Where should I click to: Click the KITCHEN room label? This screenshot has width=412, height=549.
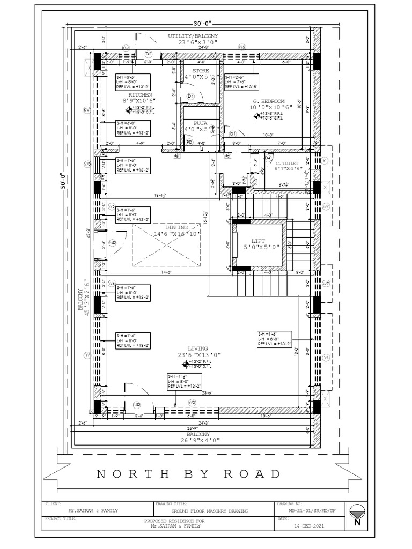(x=140, y=94)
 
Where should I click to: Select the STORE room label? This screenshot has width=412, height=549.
(x=201, y=71)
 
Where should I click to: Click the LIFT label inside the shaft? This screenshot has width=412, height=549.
(x=258, y=241)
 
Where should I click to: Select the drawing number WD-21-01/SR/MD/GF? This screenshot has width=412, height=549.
(x=312, y=511)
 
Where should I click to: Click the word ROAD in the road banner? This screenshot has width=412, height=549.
(x=253, y=474)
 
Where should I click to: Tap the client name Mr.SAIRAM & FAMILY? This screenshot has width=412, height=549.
(x=93, y=511)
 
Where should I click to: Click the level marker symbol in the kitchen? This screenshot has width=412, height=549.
(x=129, y=110)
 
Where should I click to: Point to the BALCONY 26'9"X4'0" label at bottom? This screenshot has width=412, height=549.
(x=195, y=437)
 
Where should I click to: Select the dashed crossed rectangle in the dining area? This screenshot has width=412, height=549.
(x=166, y=245)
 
